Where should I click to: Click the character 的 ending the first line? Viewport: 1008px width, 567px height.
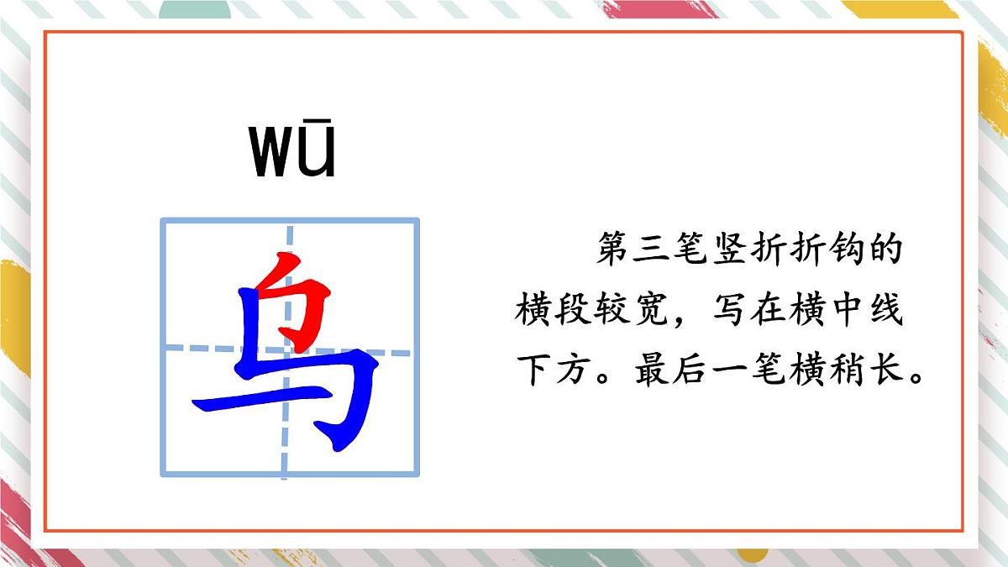(x=886, y=250)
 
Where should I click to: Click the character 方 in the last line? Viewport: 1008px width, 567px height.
(x=572, y=370)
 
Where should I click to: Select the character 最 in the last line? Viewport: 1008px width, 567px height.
(x=650, y=370)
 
